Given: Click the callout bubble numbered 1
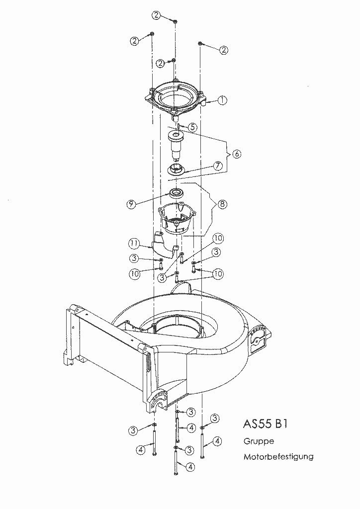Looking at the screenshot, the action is coord(222,100).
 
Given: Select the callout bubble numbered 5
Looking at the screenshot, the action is coord(193,127).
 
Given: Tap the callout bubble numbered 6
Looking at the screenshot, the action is coord(237,154).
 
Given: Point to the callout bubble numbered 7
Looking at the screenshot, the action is coord(218,166).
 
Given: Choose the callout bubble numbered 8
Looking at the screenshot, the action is coord(222,204).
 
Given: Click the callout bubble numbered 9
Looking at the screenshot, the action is coord(131,204).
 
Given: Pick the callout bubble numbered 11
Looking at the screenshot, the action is coord(134,243).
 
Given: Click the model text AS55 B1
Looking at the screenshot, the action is coord(265,424).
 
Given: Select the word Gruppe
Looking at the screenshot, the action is coord(259,441).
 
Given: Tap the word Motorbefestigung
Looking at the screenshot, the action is coord(278,457).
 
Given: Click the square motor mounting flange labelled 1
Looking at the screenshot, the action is coord(176,97).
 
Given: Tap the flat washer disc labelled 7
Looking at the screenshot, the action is coord(176,169).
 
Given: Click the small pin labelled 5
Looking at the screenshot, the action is coord(179,126).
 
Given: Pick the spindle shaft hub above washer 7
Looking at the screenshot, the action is coord(176,145).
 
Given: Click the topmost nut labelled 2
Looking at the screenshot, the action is coord(175,21).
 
